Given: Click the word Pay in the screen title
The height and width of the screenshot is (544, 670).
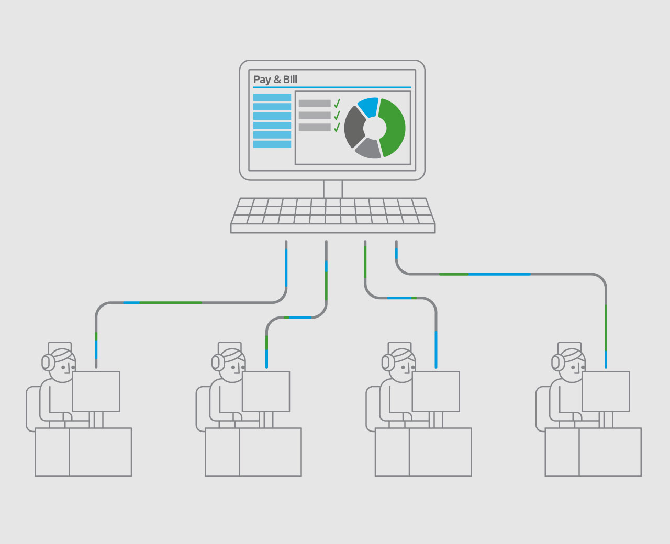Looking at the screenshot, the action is [262, 80].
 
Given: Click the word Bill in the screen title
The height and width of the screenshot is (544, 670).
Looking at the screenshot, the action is [289, 79].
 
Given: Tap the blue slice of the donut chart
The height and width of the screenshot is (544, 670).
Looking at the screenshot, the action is [368, 107].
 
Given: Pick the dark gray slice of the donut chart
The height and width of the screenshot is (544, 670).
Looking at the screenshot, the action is [354, 127].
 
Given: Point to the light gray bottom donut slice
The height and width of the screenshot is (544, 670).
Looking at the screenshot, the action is [368, 149].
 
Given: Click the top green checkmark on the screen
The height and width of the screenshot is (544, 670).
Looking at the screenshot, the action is [337, 104].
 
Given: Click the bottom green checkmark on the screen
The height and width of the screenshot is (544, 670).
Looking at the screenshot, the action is [337, 127].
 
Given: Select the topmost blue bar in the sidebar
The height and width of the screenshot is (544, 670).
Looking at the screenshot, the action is [272, 97].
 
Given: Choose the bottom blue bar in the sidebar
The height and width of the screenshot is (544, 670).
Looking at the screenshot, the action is [272, 144].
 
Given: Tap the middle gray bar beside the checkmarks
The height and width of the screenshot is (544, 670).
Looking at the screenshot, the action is [315, 115].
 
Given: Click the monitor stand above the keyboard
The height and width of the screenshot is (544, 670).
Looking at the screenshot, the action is [333, 189].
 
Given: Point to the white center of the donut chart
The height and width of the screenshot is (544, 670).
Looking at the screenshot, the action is [375, 128].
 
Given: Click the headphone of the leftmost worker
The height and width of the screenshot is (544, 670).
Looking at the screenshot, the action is [46, 362].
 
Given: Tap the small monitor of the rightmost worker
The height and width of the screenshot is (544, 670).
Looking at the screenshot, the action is [606, 392].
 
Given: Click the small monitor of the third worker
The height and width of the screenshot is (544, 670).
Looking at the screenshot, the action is [435, 392].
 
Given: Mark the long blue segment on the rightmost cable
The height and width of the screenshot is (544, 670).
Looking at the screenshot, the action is [499, 275].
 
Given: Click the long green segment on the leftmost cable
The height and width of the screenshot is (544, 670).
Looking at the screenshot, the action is [171, 303].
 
